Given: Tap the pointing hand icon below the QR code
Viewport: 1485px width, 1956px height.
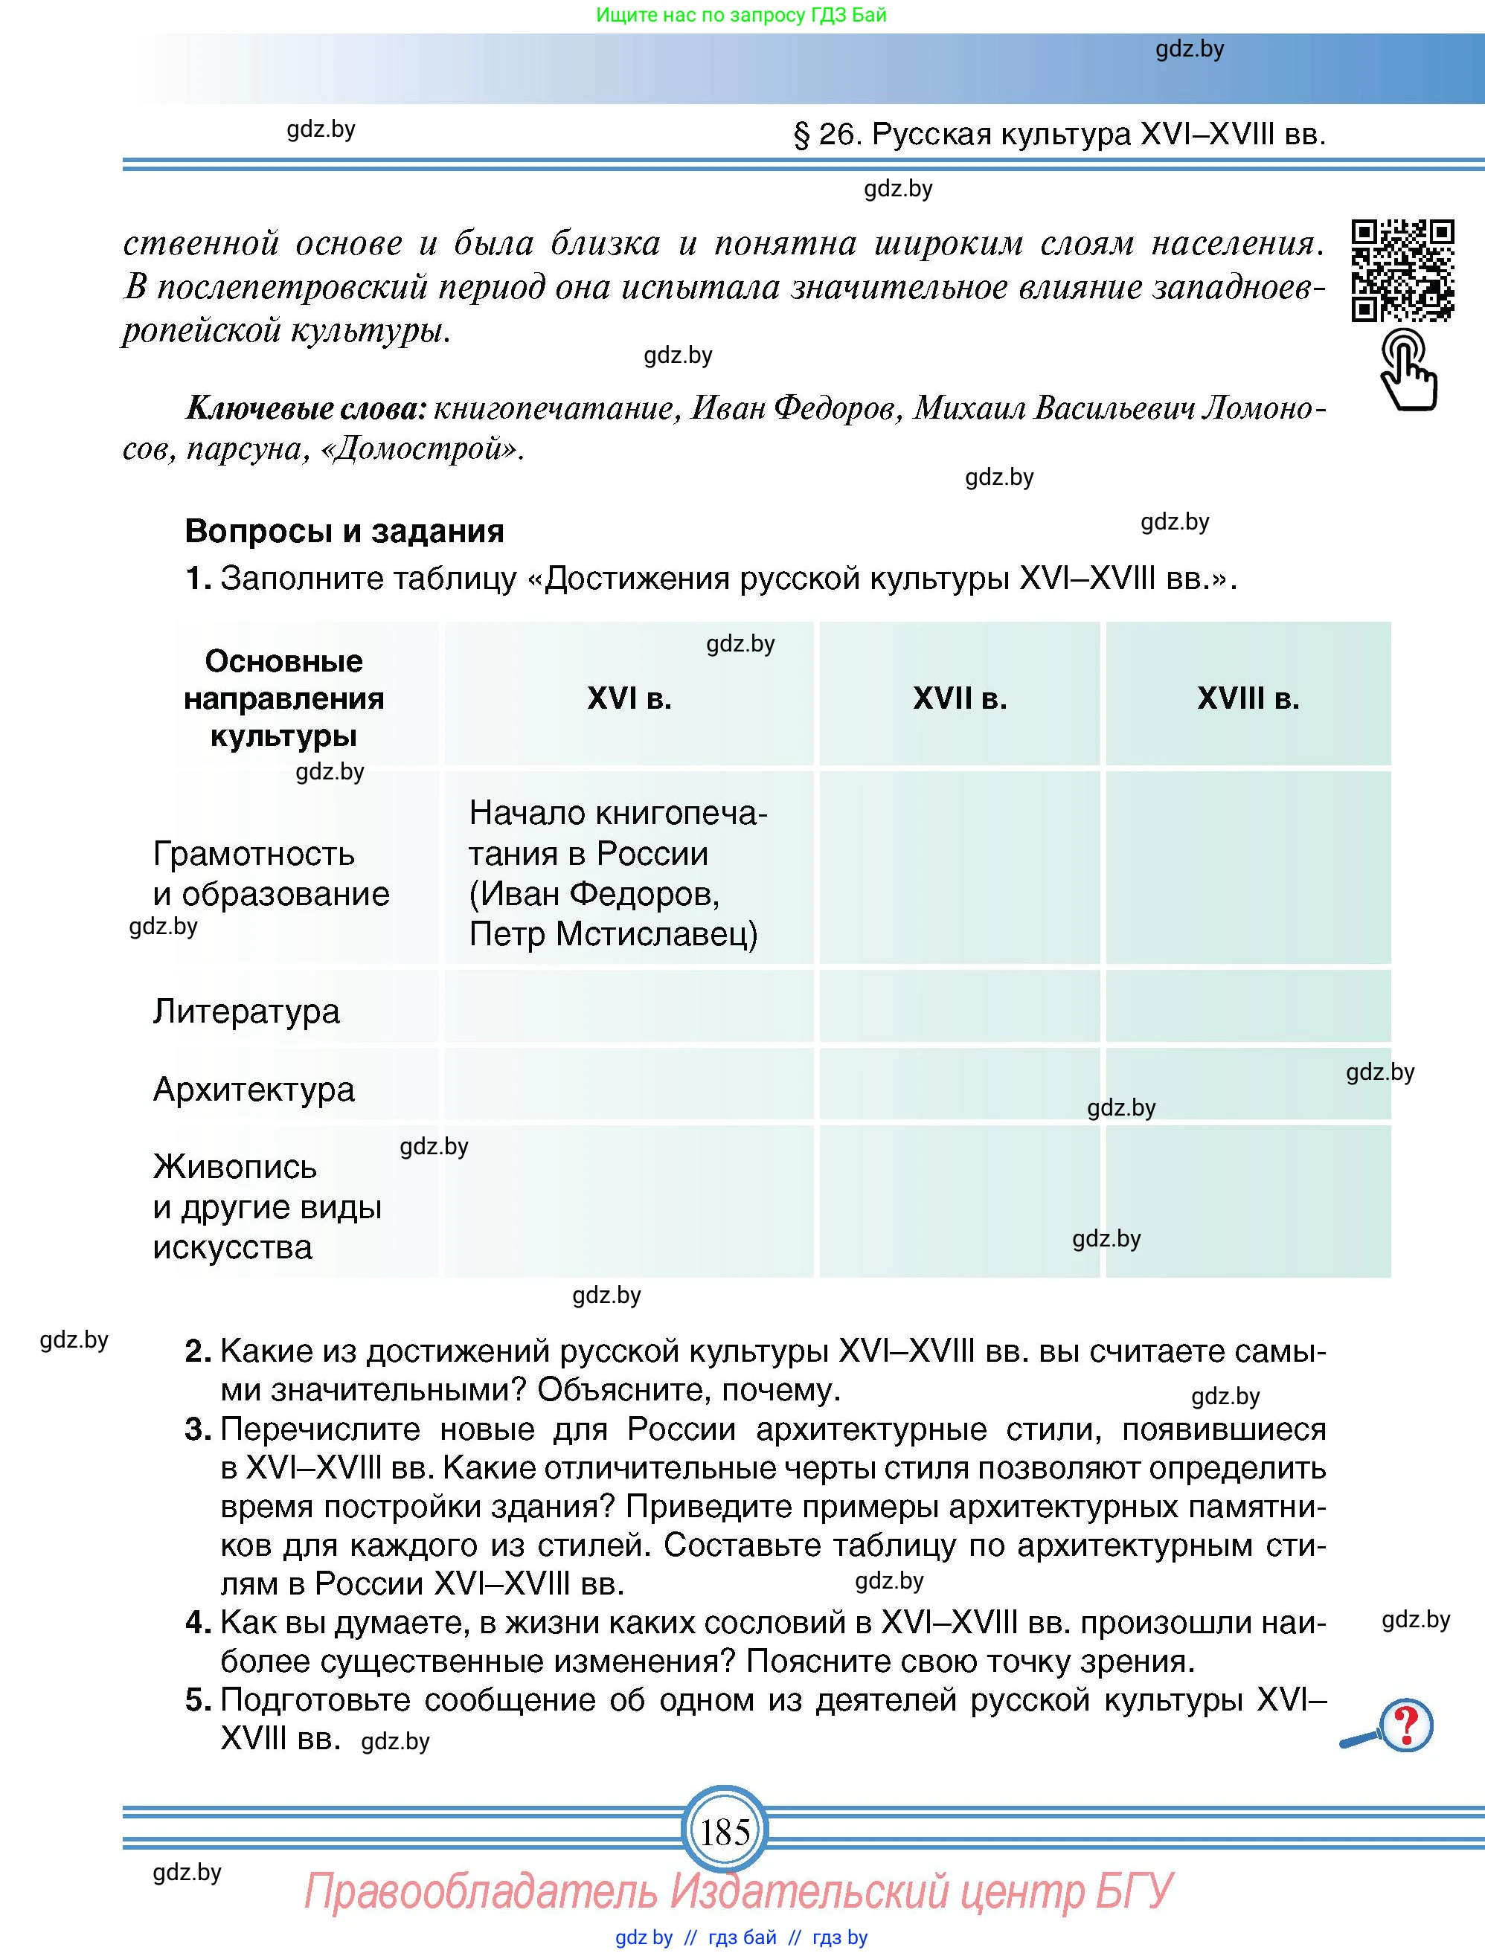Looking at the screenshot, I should tap(1408, 370).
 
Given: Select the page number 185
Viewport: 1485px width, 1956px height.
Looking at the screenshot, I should tap(725, 1830).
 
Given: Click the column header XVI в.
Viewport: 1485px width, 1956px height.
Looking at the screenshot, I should tap(629, 698).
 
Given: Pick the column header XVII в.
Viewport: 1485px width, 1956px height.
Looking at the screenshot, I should tap(960, 698).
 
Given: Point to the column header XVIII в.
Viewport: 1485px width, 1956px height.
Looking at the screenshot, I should tap(1248, 698).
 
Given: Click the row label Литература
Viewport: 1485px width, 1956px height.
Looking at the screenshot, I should tap(246, 1010).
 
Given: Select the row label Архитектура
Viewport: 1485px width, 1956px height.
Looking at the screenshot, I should tap(254, 1089).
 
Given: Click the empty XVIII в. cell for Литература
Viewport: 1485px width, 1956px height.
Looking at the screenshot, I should tap(1248, 1006).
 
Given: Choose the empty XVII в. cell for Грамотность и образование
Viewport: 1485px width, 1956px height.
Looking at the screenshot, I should tap(960, 867).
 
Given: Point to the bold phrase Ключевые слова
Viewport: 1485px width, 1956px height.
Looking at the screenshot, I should tap(306, 408).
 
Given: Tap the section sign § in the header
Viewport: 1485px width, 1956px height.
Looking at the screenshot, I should tap(801, 135).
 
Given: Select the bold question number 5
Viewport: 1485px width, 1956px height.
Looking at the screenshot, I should tap(197, 1699).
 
